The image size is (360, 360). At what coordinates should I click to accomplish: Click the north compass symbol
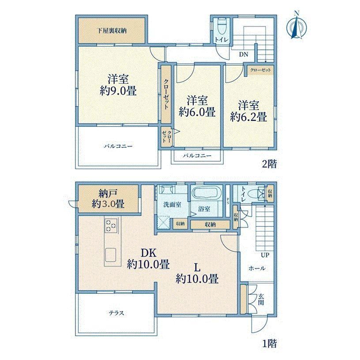coord(296,27)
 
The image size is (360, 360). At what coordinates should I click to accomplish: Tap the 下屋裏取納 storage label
coord(112,31)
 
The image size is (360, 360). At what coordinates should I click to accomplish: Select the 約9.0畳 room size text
coord(118,91)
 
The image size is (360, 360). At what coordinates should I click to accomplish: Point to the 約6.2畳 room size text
coord(248,117)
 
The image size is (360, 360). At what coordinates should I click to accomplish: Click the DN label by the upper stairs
coord(244,54)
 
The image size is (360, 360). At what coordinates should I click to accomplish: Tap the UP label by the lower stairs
coord(265,255)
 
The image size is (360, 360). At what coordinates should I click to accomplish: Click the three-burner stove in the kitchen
coord(111,225)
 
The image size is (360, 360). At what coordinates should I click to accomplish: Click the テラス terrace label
coord(116,313)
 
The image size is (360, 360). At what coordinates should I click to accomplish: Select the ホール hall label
coord(257,268)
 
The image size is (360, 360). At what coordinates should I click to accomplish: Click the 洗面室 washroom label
coord(172,205)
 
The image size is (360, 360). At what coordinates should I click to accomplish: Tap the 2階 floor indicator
coord(269,164)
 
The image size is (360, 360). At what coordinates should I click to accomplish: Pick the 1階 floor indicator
coord(269,344)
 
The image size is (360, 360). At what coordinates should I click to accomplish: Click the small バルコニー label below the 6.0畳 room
coord(197,156)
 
